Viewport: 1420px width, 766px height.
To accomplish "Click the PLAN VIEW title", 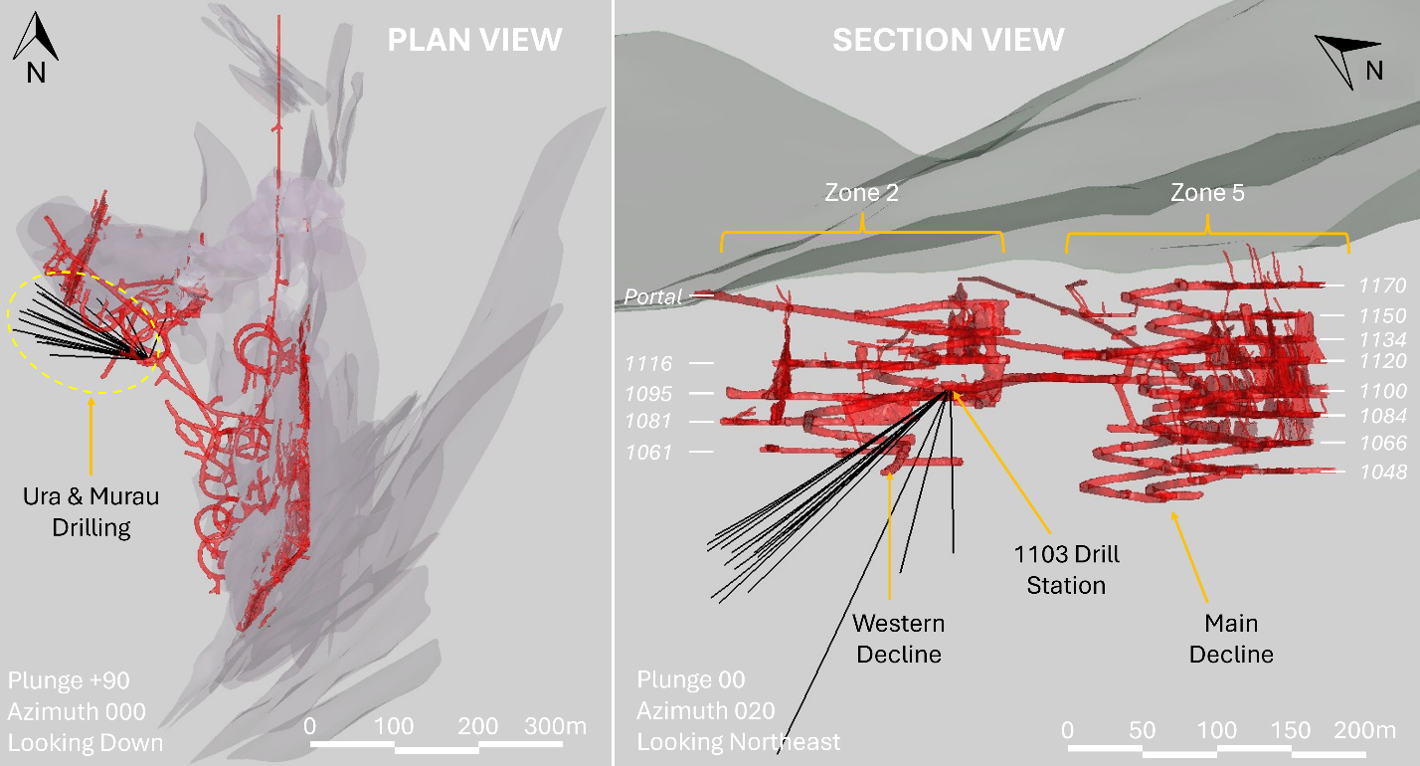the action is (x=474, y=40).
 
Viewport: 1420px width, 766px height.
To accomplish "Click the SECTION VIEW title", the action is (x=949, y=40).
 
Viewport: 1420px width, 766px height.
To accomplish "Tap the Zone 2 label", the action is (x=861, y=193).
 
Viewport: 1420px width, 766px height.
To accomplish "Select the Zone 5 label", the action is (x=1207, y=193).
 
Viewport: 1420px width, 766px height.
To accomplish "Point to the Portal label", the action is (x=653, y=296).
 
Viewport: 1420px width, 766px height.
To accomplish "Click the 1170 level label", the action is (x=1382, y=286).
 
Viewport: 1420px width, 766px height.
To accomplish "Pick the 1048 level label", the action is (x=1383, y=472).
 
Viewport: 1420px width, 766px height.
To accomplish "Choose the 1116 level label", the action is (x=648, y=363).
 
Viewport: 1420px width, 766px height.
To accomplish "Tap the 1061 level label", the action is (x=648, y=452).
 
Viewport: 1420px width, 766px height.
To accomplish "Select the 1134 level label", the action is (x=1382, y=340).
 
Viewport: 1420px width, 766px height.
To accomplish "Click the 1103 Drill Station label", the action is (x=1066, y=569).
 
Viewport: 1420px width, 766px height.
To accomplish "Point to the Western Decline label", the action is (x=898, y=639).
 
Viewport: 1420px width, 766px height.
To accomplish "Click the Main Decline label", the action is (x=1231, y=639).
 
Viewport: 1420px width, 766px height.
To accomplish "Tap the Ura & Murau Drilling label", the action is (x=90, y=511).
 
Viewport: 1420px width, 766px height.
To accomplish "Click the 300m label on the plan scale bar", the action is (x=555, y=726).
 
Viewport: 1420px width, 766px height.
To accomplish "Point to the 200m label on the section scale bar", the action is (x=1365, y=730).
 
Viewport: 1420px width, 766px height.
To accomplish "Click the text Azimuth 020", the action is (x=706, y=711).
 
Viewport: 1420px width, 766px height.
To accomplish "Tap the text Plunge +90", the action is (x=69, y=680).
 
